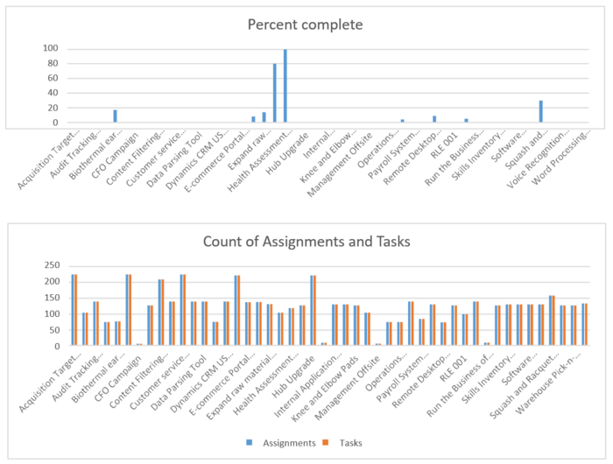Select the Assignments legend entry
[x=285, y=443]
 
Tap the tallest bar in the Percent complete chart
[x=285, y=86]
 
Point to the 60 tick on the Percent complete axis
[x=53, y=78]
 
